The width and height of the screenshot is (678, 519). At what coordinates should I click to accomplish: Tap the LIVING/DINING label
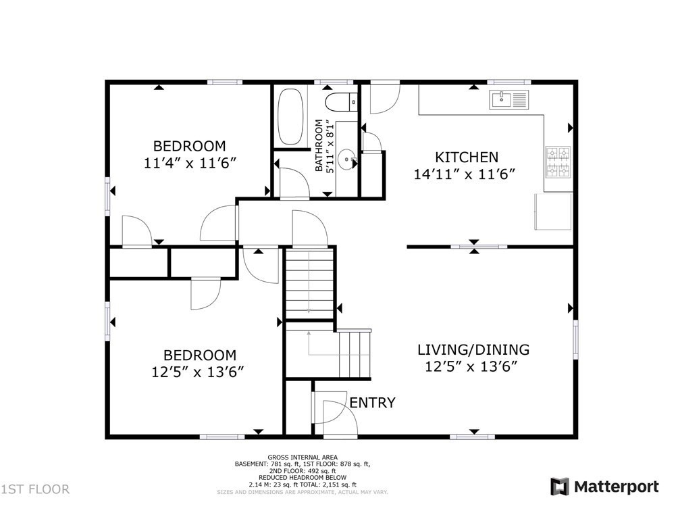click(x=473, y=349)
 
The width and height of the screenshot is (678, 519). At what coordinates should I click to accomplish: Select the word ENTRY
click(x=372, y=403)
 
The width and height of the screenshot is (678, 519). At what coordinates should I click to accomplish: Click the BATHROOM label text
click(x=319, y=145)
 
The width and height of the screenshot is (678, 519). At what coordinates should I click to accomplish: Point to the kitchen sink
click(x=509, y=99)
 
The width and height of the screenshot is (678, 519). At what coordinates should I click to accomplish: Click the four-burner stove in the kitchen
click(x=558, y=162)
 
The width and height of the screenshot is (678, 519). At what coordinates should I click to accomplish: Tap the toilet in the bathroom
click(x=341, y=102)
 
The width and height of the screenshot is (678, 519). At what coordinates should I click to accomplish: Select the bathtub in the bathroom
click(x=290, y=117)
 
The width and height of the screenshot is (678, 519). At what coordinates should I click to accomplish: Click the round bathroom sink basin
click(x=347, y=159)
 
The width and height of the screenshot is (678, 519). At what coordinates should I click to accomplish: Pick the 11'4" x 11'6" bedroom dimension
click(x=190, y=163)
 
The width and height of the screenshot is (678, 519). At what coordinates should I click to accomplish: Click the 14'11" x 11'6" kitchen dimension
click(x=465, y=174)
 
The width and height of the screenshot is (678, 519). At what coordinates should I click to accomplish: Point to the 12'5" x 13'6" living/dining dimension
click(x=471, y=367)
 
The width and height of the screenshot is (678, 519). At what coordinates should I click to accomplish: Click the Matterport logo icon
click(x=559, y=487)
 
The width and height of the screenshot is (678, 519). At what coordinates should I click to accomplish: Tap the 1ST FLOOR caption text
click(x=35, y=489)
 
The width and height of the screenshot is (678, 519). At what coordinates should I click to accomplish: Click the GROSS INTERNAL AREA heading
click(x=303, y=457)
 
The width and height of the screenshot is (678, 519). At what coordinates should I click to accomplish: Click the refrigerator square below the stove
click(x=553, y=212)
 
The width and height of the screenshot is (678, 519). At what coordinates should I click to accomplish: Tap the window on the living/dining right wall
click(x=575, y=339)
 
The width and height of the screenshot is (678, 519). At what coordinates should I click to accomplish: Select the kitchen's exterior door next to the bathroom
click(x=386, y=98)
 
